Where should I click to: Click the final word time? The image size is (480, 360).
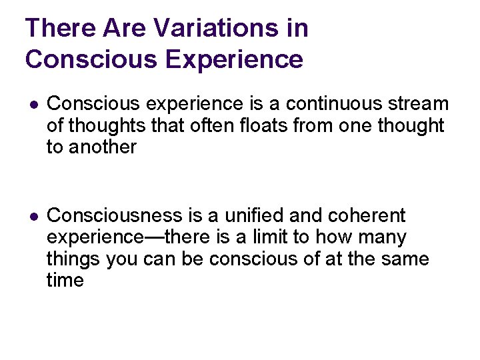(x=65, y=281)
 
